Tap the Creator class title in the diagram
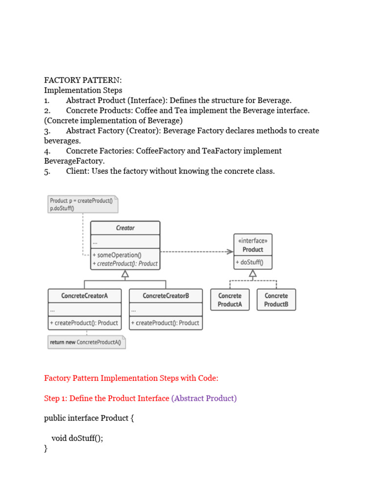tap(125, 228)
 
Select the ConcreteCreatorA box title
tap(84, 296)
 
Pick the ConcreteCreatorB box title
tap(166, 296)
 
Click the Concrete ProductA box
tap(229, 300)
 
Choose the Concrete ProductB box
tap(276, 300)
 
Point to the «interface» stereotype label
tap(253, 241)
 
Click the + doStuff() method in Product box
tap(249, 262)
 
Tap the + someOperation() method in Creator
tap(117, 255)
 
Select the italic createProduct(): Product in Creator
tap(125, 264)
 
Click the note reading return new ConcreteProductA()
tap(87, 342)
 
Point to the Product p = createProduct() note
tap(83, 204)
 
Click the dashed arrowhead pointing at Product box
tap(230, 252)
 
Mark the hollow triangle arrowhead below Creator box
tap(125, 274)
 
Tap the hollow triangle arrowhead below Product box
tap(253, 274)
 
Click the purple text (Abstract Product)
tap(204, 398)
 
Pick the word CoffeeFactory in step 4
tap(161, 151)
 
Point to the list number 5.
tap(47, 171)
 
